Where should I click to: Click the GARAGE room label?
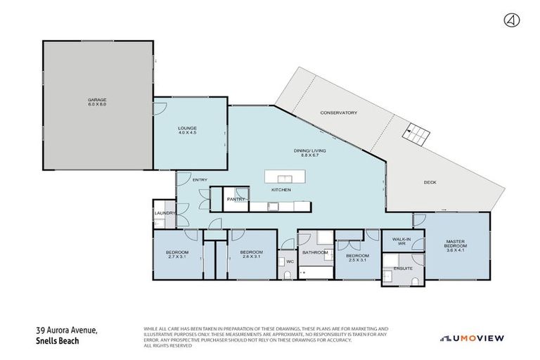(x=96, y=102)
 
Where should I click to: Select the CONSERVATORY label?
(x=339, y=113)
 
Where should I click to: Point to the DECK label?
(x=430, y=183)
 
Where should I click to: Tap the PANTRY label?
(x=235, y=200)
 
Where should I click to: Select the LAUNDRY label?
(x=165, y=212)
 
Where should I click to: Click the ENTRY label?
(x=200, y=180)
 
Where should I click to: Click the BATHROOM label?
(x=315, y=252)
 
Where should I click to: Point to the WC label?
(x=288, y=262)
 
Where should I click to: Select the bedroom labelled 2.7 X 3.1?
(x=176, y=255)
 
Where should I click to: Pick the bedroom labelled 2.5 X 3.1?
(x=357, y=257)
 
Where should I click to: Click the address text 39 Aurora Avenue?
(x=67, y=330)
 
